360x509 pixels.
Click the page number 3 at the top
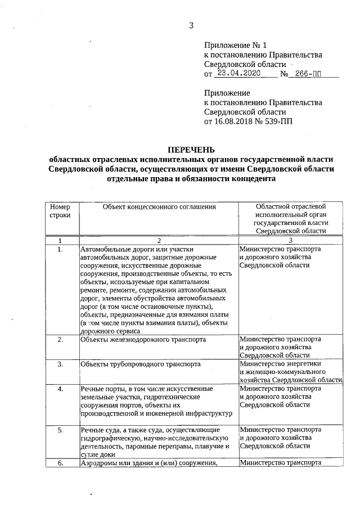tap(191, 25)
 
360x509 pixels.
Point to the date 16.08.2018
tap(235, 121)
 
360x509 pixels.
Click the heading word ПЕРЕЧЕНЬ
tap(191, 150)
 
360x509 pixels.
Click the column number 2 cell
tap(159, 240)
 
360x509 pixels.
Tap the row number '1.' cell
tap(60, 249)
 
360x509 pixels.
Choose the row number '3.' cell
tap(60, 364)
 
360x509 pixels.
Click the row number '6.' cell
tap(60, 463)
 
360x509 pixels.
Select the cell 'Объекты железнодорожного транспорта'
tap(143, 340)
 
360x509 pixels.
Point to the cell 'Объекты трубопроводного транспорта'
tap(141, 364)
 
